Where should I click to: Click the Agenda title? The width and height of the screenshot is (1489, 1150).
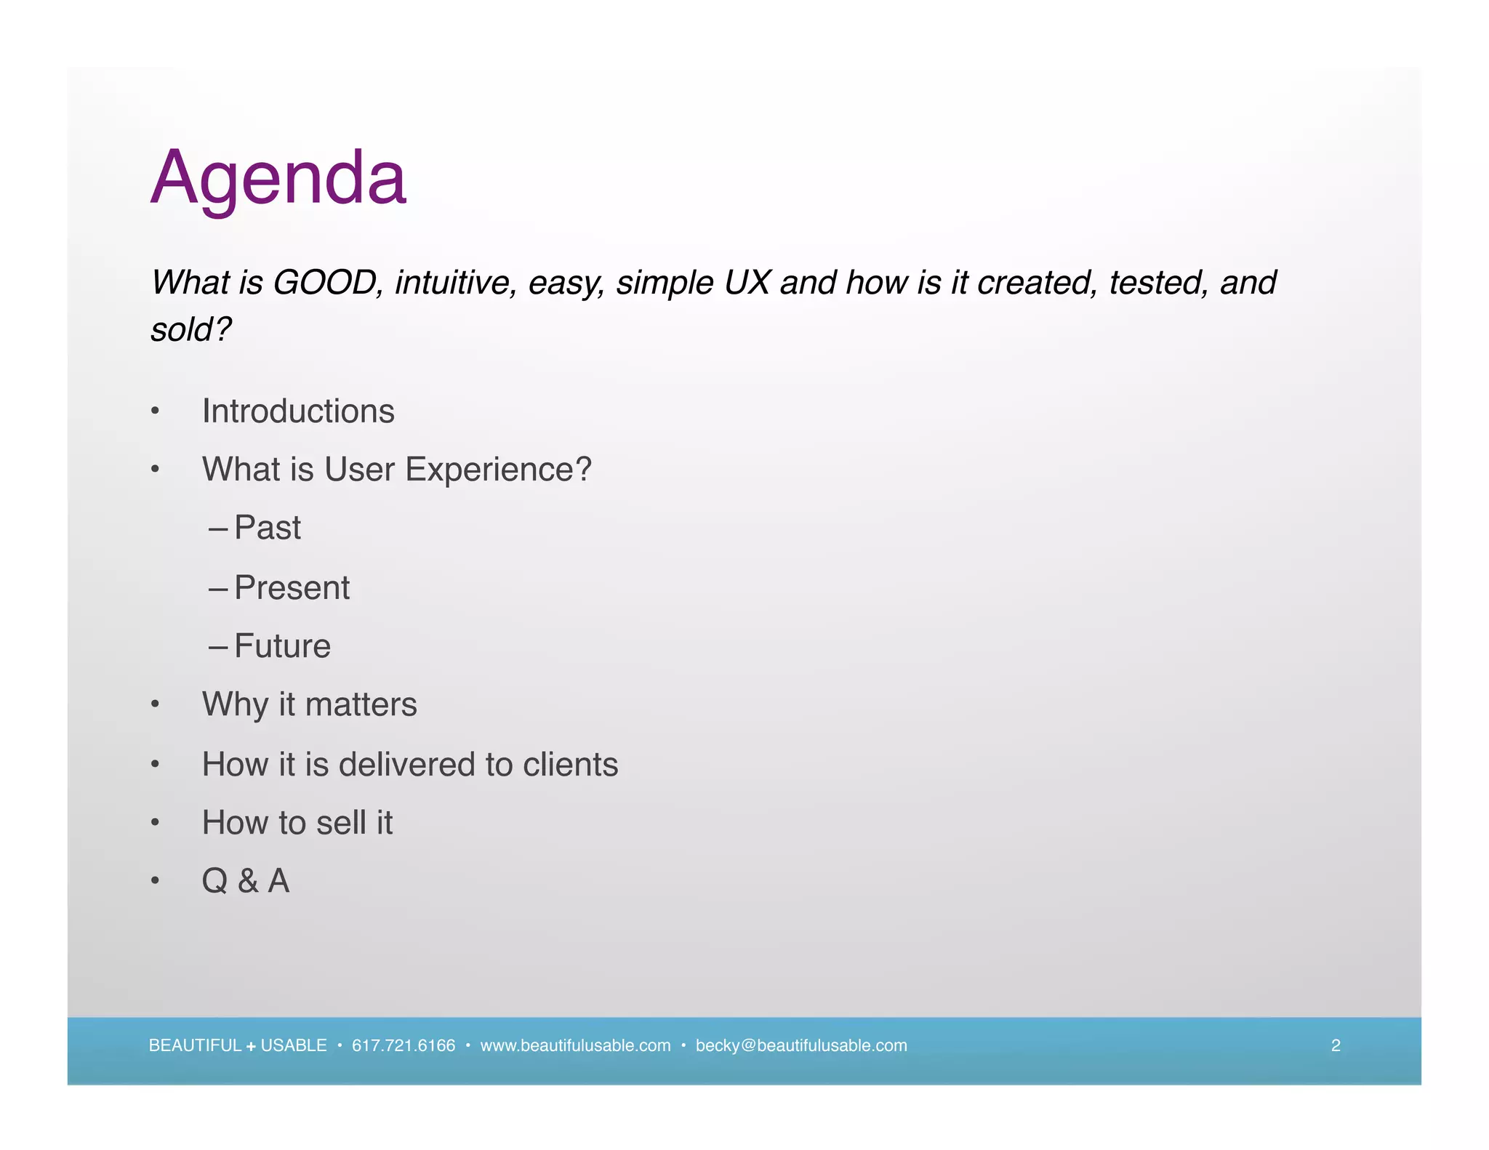[278, 178]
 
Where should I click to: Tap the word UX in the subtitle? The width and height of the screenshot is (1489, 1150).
[746, 282]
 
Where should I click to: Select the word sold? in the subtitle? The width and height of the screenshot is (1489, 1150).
[190, 329]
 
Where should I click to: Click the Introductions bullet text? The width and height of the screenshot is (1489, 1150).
[298, 411]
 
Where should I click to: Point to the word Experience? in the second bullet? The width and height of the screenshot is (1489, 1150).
[498, 470]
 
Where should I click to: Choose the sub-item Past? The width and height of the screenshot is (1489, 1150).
[267, 528]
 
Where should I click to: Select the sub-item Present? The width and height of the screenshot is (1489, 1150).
[292, 587]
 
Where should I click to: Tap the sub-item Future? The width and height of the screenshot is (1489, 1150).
[282, 646]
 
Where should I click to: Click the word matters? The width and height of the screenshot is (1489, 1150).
[361, 704]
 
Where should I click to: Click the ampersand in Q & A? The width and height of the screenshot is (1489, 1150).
[247, 882]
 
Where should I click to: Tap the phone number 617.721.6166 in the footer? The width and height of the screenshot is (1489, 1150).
[404, 1045]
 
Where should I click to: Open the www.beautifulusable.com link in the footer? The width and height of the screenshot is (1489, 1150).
[575, 1045]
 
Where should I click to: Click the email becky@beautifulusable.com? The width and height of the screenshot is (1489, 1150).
[801, 1045]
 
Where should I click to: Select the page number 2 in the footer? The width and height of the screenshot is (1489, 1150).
[1336, 1045]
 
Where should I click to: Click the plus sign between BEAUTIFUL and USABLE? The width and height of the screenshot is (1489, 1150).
[251, 1047]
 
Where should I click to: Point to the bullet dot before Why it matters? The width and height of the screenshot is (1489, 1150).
[155, 704]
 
